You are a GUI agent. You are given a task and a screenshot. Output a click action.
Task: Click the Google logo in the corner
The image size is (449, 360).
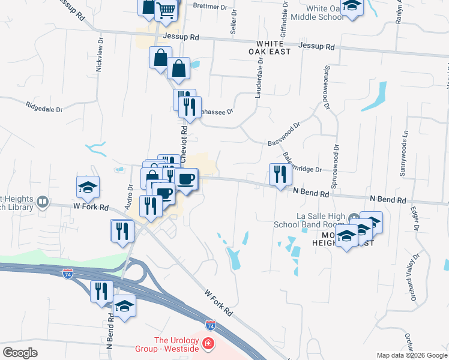pyautogui.click(x=20, y=353)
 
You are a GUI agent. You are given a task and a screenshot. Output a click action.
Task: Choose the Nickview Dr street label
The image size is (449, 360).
pyautogui.click(x=100, y=56)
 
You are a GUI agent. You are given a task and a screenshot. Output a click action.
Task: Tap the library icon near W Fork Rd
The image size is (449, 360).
pyautogui.click(x=43, y=202)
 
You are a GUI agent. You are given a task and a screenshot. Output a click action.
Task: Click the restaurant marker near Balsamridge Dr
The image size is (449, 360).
pyautogui.click(x=280, y=175)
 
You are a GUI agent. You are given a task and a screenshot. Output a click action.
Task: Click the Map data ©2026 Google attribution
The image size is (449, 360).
pyautogui.click(x=412, y=355)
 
